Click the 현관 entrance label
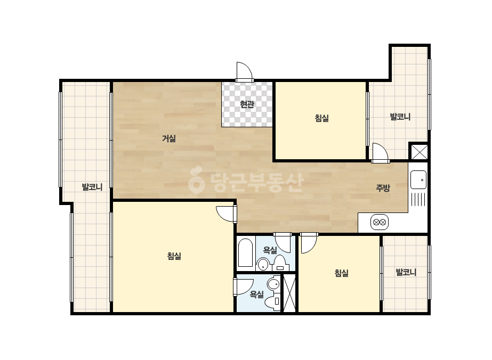247,104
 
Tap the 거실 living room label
169,138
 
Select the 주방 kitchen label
383,188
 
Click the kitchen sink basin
418,179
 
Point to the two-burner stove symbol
380,222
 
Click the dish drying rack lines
418,200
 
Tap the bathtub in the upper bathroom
245,253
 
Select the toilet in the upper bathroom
279,263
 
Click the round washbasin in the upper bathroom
263,264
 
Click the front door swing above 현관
245,72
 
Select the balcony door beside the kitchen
380,153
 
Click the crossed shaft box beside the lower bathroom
289,293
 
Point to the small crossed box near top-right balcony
419,152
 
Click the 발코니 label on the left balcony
92,187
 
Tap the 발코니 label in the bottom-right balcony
406,272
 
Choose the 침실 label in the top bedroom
321,118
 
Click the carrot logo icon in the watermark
196,180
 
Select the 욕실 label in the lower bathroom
257,294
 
